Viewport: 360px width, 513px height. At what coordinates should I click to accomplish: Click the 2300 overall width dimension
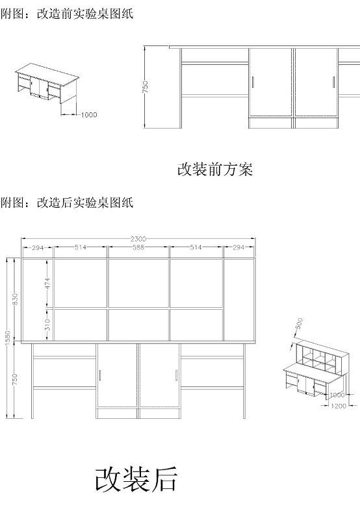click(138, 239)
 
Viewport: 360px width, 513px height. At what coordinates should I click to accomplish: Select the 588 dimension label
click(138, 247)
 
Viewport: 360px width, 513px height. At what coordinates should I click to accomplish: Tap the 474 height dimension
click(47, 283)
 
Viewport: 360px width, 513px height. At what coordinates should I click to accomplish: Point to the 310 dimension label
click(47, 324)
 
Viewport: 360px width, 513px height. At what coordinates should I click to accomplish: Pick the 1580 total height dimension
click(8, 338)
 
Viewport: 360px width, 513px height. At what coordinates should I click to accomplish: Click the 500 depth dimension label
click(299, 324)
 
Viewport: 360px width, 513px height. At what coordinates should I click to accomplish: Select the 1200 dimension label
click(339, 406)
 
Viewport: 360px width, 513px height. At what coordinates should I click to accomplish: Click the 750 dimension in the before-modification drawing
click(146, 87)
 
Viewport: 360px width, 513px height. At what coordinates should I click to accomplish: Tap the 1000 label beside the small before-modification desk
click(89, 115)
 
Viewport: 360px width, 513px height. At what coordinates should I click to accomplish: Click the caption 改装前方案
click(215, 169)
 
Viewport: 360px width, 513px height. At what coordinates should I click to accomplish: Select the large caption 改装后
click(136, 480)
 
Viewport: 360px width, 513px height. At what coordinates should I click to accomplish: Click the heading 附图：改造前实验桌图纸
click(67, 14)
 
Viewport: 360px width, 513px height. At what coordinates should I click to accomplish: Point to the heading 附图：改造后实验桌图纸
click(67, 203)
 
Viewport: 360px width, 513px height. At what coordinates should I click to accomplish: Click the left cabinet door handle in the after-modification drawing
click(100, 375)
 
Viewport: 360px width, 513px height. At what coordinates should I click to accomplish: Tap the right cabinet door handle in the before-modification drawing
click(333, 82)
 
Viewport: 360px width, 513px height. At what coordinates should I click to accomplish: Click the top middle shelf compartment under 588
click(138, 283)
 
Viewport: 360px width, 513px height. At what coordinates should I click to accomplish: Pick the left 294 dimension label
click(38, 247)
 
